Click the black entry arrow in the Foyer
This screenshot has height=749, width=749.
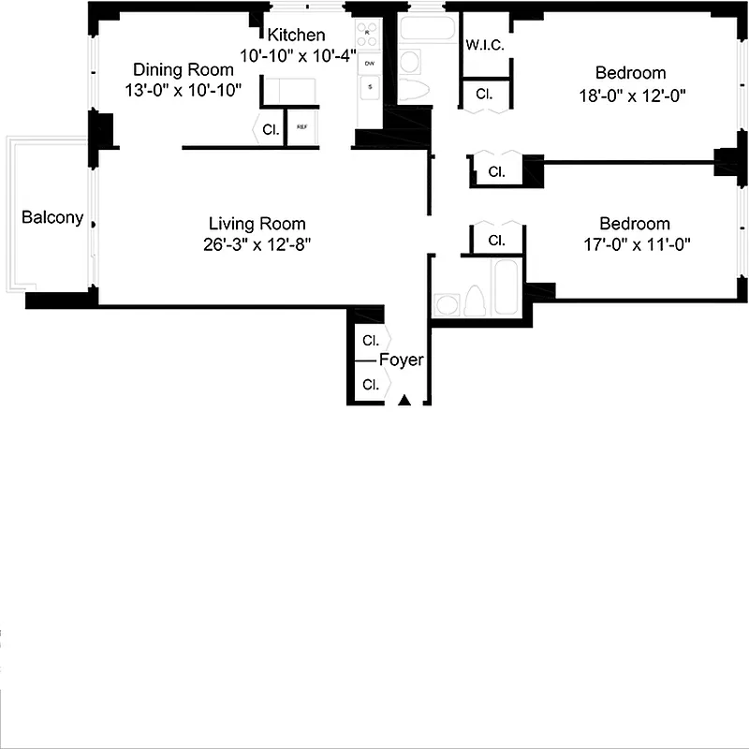[x=404, y=400]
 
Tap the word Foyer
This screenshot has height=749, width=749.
[x=401, y=360]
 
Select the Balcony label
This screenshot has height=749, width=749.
[x=52, y=218]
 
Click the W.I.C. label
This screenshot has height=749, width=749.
[x=485, y=44]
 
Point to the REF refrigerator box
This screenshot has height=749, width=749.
[x=302, y=127]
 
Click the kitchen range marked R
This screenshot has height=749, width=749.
[x=368, y=34]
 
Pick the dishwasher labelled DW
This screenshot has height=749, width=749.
[x=370, y=63]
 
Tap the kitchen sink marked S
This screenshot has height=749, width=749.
[x=370, y=87]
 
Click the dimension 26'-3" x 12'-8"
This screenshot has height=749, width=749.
[x=257, y=245]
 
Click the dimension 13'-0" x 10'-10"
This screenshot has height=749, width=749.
[x=184, y=91]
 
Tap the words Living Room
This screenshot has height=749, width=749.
[x=257, y=224]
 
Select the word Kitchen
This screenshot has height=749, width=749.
[x=296, y=35]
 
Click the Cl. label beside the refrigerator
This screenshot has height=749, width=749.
[x=270, y=130]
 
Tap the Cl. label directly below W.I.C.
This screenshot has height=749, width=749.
[x=484, y=95]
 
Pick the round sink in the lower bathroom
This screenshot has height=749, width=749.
[x=446, y=305]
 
